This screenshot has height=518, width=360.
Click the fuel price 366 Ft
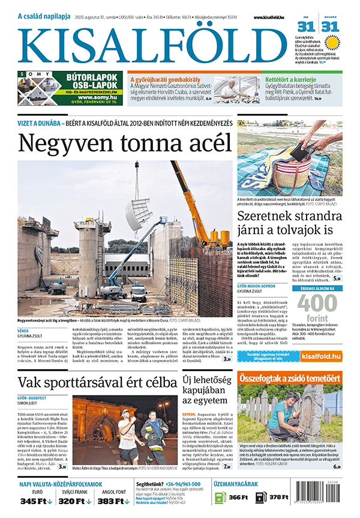[239, 498]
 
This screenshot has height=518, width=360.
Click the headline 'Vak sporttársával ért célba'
[97, 366]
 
